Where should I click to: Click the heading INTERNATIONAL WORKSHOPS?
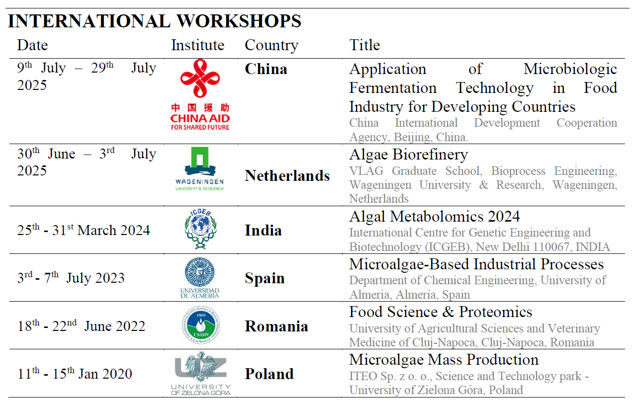155,21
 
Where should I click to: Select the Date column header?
32,45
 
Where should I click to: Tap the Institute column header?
197,45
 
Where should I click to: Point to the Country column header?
272,46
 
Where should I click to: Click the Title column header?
364,45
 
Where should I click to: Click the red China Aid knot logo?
200,94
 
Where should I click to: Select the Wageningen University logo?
199,169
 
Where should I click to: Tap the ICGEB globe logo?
200,229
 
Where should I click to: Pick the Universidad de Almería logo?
200,278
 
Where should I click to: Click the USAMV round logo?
201,325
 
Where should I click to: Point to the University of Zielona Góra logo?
201,373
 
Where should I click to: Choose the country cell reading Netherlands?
287,176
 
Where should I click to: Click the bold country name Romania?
276,326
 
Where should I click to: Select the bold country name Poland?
269,374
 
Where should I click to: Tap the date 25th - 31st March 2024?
84,230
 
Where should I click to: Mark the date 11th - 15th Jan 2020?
75,373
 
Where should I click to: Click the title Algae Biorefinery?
408,155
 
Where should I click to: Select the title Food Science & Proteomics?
441,312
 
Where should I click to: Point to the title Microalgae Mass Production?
444,360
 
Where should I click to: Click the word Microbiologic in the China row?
570,69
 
